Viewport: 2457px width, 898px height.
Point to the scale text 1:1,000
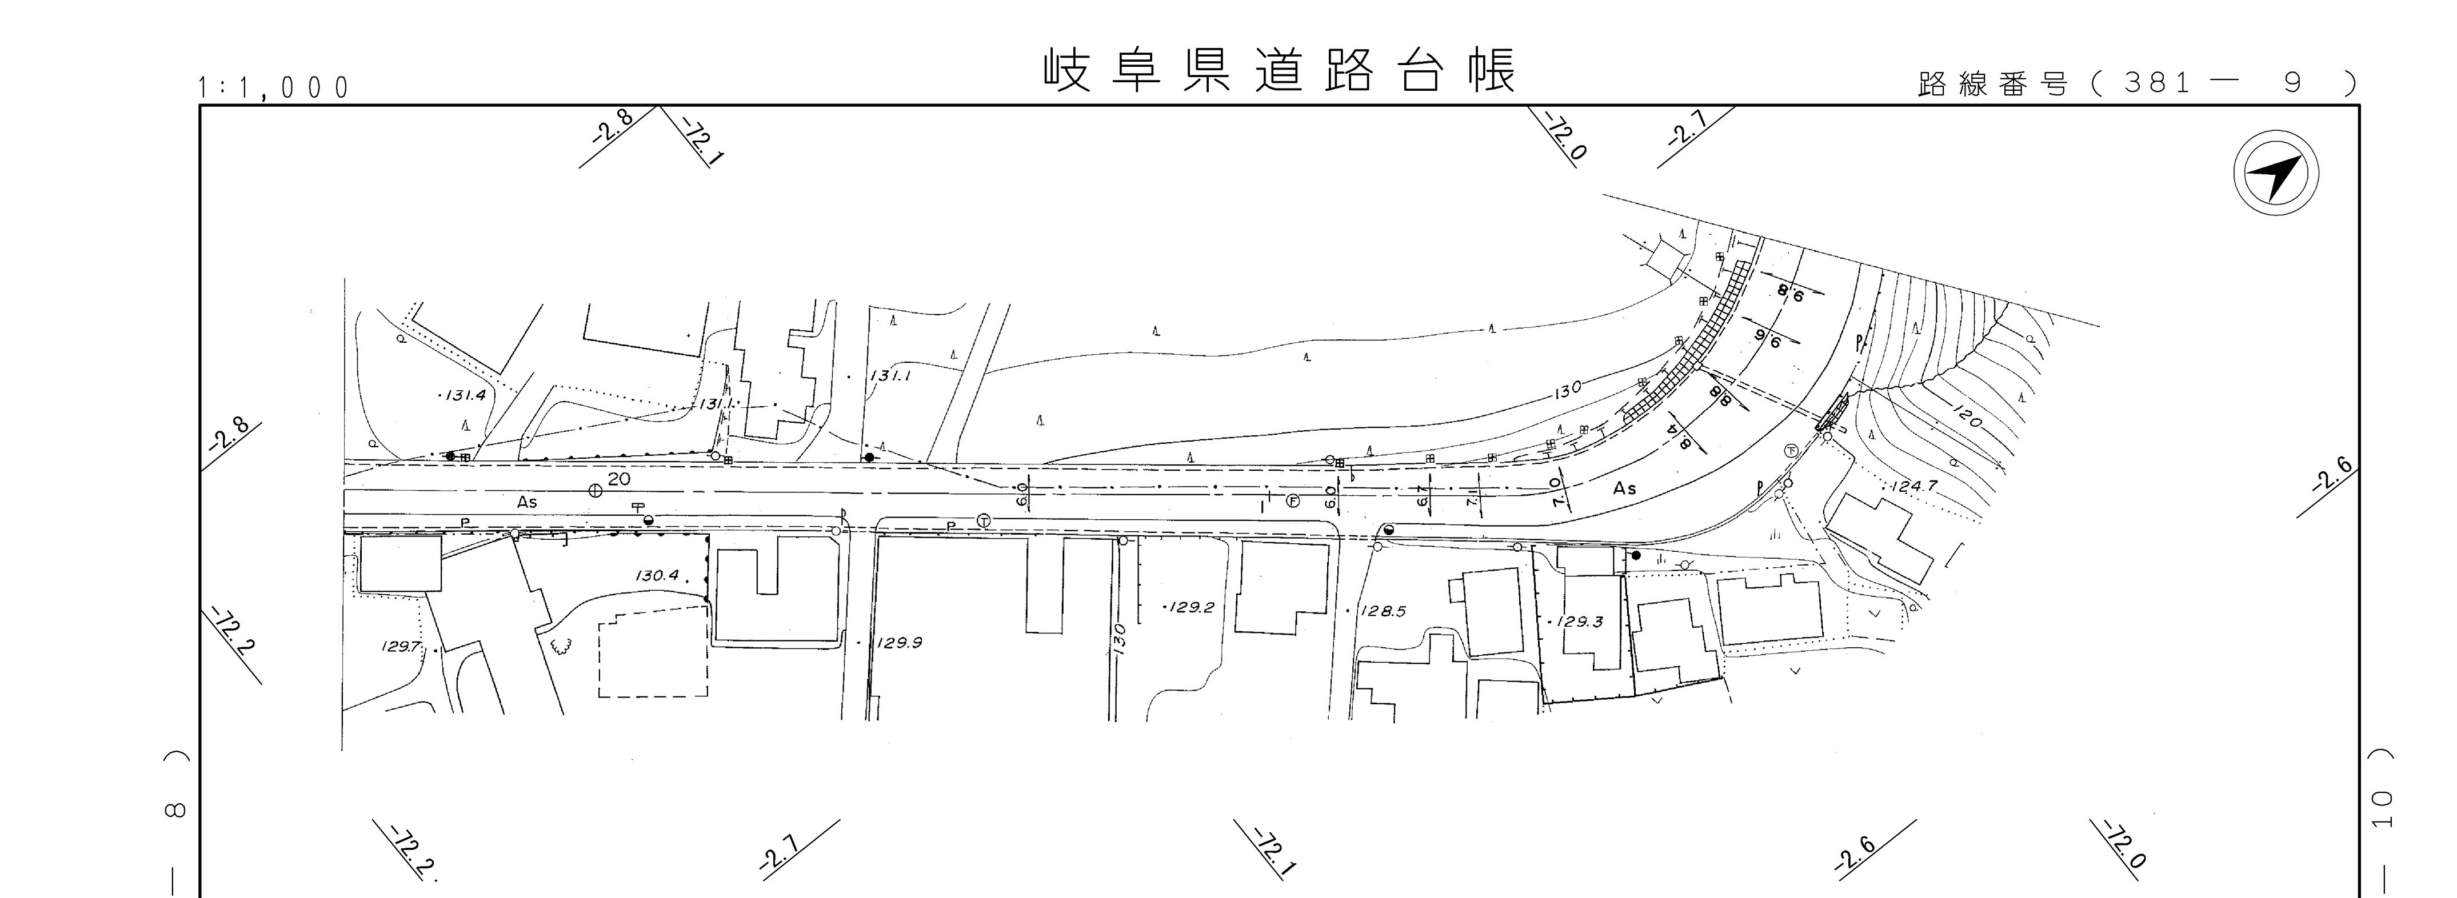(274, 89)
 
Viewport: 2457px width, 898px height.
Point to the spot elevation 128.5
(1383, 611)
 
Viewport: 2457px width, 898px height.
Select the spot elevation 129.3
(1580, 622)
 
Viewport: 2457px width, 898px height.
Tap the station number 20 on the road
(619, 479)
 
